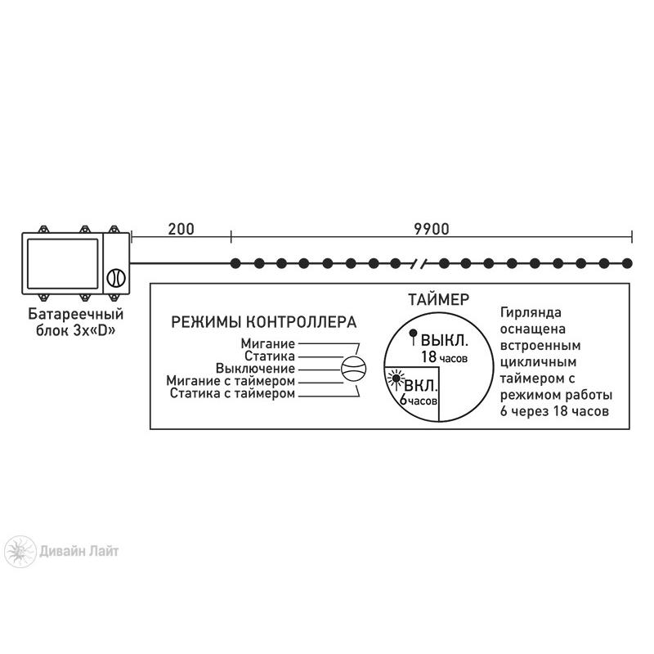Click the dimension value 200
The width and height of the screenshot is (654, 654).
click(x=181, y=229)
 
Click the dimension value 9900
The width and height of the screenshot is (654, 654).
click(x=432, y=229)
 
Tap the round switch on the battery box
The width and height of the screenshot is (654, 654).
click(x=116, y=278)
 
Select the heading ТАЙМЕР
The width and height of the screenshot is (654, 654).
click(x=438, y=299)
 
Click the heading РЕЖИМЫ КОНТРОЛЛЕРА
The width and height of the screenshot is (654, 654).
click(x=263, y=322)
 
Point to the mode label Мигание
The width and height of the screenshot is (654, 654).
click(x=268, y=343)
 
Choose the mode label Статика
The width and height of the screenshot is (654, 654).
click(x=270, y=356)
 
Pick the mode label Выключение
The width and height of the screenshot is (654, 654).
click(x=255, y=369)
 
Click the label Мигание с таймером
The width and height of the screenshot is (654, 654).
click(x=231, y=381)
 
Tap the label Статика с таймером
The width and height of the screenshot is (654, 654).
click(x=232, y=393)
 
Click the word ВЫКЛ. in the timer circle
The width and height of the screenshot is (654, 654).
click(x=445, y=340)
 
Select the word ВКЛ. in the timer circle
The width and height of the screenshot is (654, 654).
click(x=421, y=385)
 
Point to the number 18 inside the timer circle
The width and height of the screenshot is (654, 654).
click(x=428, y=357)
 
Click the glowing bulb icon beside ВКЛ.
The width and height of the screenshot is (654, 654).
click(x=395, y=379)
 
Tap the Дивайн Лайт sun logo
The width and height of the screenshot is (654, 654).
click(x=20, y=551)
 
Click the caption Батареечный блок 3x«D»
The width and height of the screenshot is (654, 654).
click(x=75, y=322)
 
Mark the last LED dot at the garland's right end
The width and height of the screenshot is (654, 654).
click(x=627, y=263)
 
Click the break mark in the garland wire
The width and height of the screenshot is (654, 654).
click(x=420, y=263)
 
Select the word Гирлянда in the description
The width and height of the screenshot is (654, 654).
click(x=531, y=313)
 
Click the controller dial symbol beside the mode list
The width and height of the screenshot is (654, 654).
click(x=354, y=369)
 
